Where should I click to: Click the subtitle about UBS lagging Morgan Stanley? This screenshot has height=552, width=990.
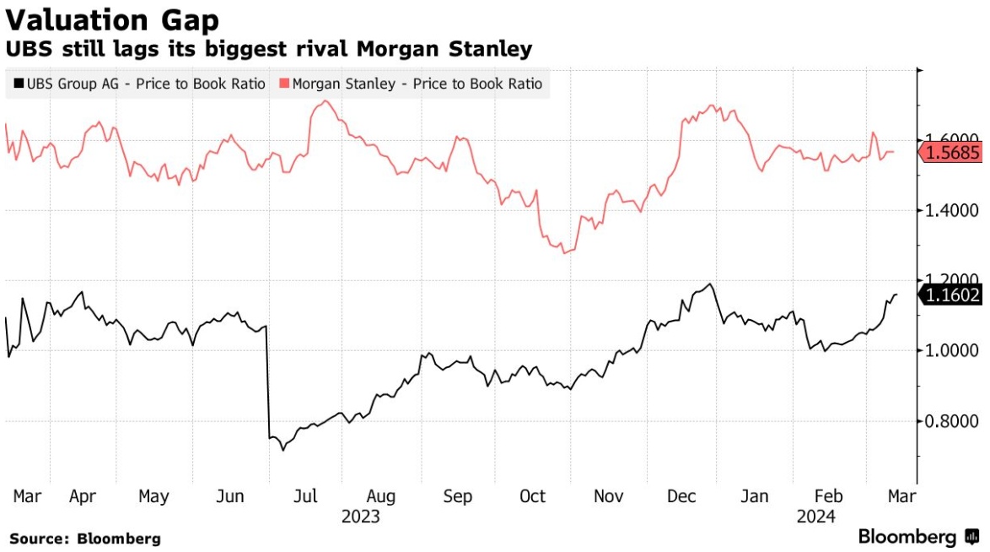pyautogui.click(x=271, y=49)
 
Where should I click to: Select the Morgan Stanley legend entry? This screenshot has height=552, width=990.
pyautogui.click(x=411, y=84)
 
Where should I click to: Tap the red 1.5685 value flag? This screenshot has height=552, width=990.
pyautogui.click(x=953, y=153)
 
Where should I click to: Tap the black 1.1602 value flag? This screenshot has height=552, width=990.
pyautogui.click(x=953, y=295)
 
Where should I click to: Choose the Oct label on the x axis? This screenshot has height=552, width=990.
pyautogui.click(x=533, y=496)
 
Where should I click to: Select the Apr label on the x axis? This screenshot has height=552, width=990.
pyautogui.click(x=82, y=496)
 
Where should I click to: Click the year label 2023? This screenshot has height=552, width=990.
pyautogui.click(x=361, y=516)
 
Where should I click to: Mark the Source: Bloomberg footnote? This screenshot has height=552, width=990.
pyautogui.click(x=85, y=538)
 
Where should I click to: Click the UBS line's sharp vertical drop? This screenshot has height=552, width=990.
pyautogui.click(x=267, y=380)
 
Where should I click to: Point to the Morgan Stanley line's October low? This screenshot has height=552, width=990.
pyautogui.click(x=564, y=252)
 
